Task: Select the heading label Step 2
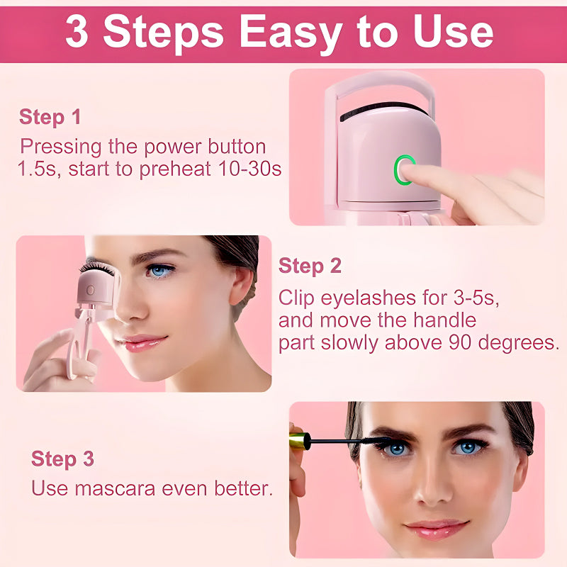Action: [310, 266]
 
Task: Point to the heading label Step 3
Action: [62, 459]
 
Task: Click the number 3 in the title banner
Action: [77, 32]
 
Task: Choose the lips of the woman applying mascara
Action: [437, 529]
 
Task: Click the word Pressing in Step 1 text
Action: [58, 147]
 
